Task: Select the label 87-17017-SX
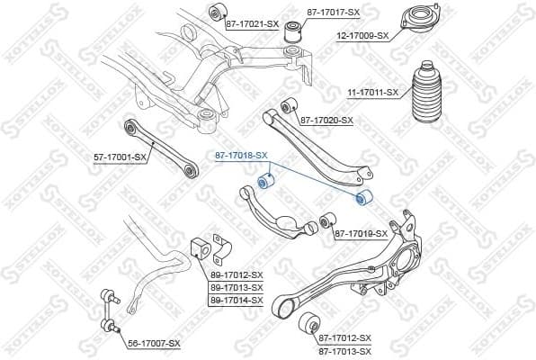click(333, 12)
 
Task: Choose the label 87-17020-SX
click(326, 120)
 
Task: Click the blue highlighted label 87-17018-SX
click(241, 156)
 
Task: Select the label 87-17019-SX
click(362, 233)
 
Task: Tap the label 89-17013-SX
click(237, 287)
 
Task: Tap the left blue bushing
click(264, 184)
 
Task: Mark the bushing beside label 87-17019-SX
click(328, 220)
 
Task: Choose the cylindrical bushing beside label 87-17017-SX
click(291, 33)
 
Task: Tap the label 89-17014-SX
click(237, 300)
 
